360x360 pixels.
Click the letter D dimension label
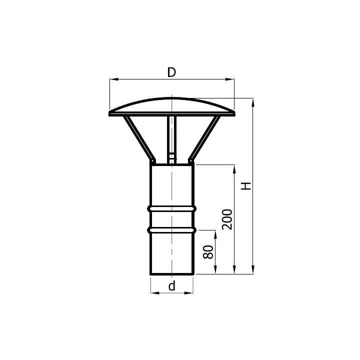171,72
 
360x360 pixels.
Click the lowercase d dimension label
171,286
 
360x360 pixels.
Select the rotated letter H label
246,185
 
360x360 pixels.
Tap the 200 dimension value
227,219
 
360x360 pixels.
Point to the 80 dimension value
208,252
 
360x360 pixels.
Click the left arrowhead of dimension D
114,79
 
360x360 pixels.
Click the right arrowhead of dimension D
230,79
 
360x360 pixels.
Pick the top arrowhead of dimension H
253,102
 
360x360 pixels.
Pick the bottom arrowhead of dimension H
253,269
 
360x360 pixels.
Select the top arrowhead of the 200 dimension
234,169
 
